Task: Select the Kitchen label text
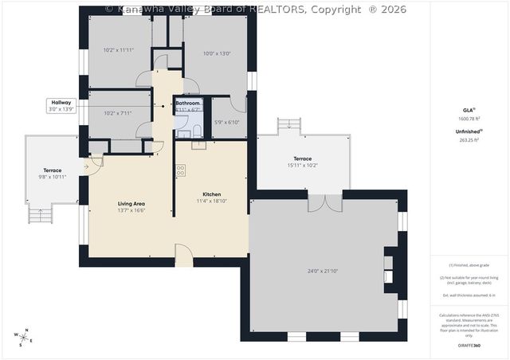click(211, 194)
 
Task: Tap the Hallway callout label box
click(61, 105)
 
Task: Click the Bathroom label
click(188, 104)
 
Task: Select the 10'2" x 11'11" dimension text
click(118, 49)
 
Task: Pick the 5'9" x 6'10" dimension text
click(226, 122)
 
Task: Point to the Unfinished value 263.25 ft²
click(469, 139)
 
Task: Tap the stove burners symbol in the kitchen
click(181, 169)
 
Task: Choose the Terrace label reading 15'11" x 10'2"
click(302, 162)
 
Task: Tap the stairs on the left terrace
click(40, 213)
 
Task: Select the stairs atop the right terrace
click(289, 125)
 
